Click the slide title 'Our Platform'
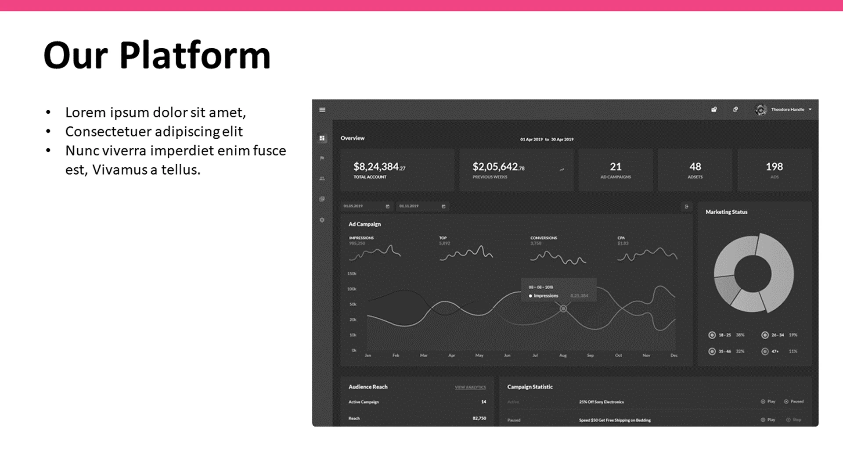tap(157, 56)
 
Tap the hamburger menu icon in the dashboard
tap(322, 110)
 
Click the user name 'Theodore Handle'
tap(787, 110)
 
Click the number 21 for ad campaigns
tap(616, 167)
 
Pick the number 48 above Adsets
tap(695, 167)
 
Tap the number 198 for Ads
tap(774, 167)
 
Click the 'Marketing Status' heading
tap(726, 212)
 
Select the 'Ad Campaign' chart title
tap(364, 224)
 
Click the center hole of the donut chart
tap(753, 273)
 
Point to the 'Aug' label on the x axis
tap(563, 355)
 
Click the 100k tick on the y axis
tap(352, 289)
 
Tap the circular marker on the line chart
tap(563, 309)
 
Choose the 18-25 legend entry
tap(724, 335)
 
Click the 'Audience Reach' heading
tap(368, 387)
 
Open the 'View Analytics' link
tap(470, 388)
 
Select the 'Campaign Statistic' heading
tap(530, 387)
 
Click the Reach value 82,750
tap(479, 419)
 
